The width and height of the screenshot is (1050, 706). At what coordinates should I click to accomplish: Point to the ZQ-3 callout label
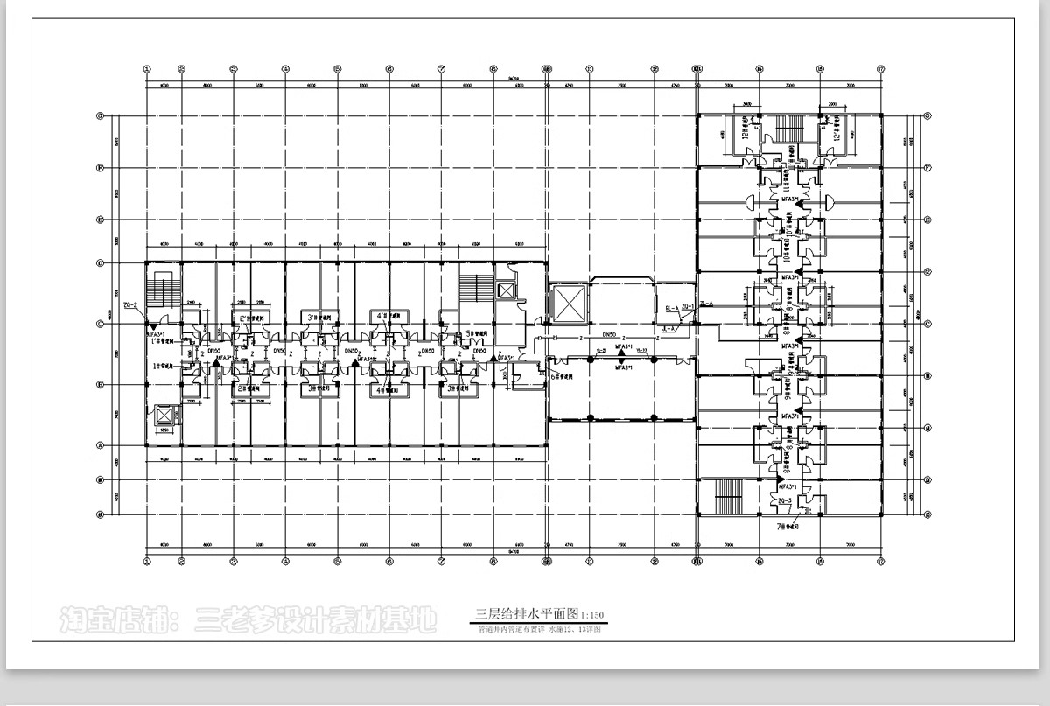pyautogui.click(x=785, y=500)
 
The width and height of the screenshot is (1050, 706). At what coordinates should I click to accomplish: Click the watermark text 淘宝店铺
pyautogui.click(x=114, y=621)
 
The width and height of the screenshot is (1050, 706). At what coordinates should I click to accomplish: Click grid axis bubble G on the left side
pyautogui.click(x=101, y=115)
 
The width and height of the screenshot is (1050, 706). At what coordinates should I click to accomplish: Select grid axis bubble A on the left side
pyautogui.click(x=101, y=445)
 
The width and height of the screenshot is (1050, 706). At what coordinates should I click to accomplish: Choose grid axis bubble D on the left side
pyautogui.click(x=101, y=262)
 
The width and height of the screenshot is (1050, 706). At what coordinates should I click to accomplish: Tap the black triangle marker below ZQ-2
pyautogui.click(x=147, y=325)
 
